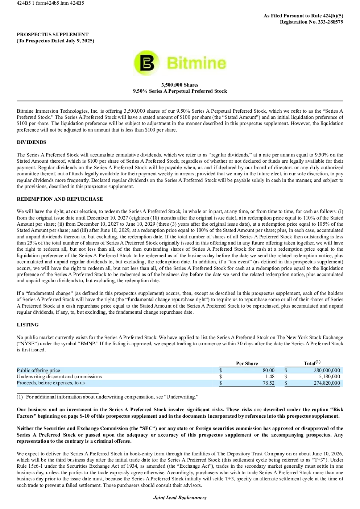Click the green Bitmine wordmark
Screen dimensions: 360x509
[197, 63]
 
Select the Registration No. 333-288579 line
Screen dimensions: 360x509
[311, 22]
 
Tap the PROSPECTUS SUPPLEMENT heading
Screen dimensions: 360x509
[53, 34]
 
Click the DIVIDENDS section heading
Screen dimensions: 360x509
[32, 142]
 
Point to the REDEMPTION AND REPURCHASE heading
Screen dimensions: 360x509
[59, 199]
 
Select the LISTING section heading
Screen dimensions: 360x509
[28, 325]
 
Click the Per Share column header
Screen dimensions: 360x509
[247, 363]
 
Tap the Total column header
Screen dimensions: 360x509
[312, 363]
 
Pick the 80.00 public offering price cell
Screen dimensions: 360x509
[269, 370]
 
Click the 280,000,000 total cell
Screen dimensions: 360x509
[327, 370]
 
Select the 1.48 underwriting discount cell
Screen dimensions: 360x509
[270, 376]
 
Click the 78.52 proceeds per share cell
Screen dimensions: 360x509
[269, 383]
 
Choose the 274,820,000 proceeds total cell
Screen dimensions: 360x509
[327, 383]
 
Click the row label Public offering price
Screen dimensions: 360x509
[38, 370]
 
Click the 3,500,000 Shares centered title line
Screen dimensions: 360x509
[180, 85]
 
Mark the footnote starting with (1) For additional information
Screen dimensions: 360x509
[108, 397]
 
